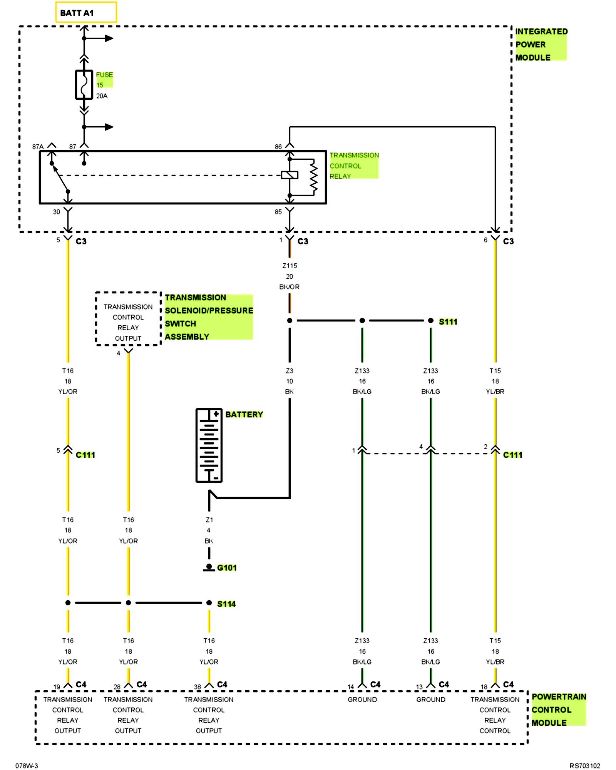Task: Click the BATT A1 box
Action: pyautogui.click(x=86, y=12)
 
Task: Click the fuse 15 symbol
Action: pyautogui.click(x=84, y=85)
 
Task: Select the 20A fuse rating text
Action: pyautogui.click(x=102, y=96)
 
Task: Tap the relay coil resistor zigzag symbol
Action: pyautogui.click(x=314, y=177)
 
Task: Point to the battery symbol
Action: pyautogui.click(x=209, y=445)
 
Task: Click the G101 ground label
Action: pyautogui.click(x=227, y=567)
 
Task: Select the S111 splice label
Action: pyautogui.click(x=448, y=321)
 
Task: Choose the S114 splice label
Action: pyautogui.click(x=226, y=604)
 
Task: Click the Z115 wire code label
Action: pyautogui.click(x=290, y=266)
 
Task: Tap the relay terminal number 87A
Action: pyautogui.click(x=38, y=147)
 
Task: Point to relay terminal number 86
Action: pyautogui.click(x=278, y=147)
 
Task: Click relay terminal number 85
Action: pyautogui.click(x=278, y=212)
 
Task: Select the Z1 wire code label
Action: pyautogui.click(x=209, y=520)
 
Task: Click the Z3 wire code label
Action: pyautogui.click(x=290, y=371)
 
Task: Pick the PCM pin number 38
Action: pyautogui.click(x=198, y=687)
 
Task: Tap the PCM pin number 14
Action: pyautogui.click(x=351, y=687)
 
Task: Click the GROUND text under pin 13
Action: pyautogui.click(x=431, y=700)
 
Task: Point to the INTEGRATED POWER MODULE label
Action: pyautogui.click(x=541, y=44)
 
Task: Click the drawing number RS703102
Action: pyautogui.click(x=585, y=766)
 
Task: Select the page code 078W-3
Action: pyautogui.click(x=27, y=766)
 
